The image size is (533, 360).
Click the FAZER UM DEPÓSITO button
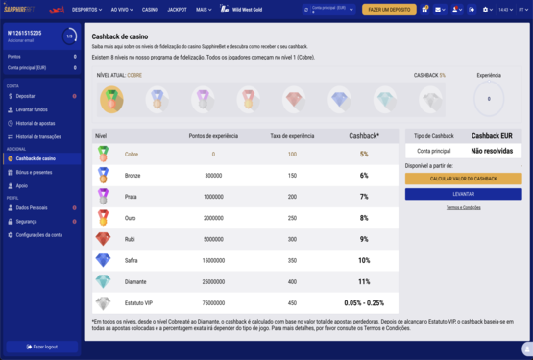(x=389, y=10)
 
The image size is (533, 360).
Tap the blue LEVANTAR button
(x=463, y=193)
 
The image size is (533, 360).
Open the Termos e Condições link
(x=463, y=207)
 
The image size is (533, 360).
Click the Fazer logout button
(x=41, y=346)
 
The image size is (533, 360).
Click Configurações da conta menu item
(x=39, y=234)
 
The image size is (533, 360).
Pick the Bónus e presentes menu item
(x=35, y=171)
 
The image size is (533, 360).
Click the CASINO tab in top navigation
(x=151, y=10)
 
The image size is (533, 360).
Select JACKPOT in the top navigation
(x=178, y=10)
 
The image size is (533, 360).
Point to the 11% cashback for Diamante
(x=364, y=281)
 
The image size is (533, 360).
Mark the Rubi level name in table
(x=131, y=239)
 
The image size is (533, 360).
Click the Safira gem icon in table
(x=103, y=260)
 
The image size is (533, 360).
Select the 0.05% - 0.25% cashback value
(x=364, y=302)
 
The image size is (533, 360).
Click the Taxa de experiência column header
(x=292, y=136)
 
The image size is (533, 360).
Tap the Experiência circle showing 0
(x=488, y=98)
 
